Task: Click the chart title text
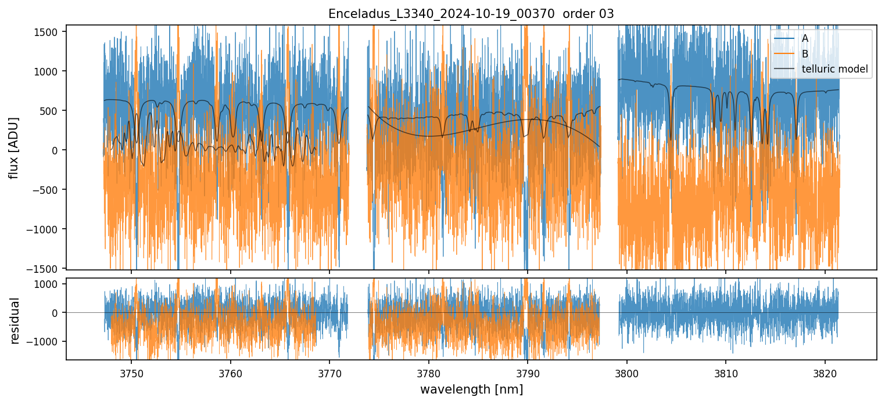point(471,14)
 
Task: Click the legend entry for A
point(805,38)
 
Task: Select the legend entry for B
point(805,54)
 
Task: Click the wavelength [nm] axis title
point(471,389)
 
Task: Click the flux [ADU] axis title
point(13,147)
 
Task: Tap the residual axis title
point(15,320)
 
